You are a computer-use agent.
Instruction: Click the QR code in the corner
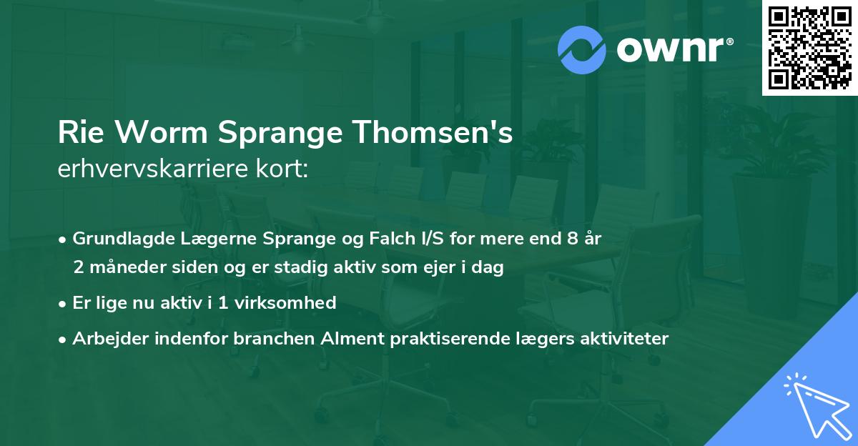pos(809,47)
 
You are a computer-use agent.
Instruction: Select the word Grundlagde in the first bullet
pos(119,239)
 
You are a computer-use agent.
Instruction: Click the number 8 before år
pos(572,239)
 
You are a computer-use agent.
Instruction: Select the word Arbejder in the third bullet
pos(106,338)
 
